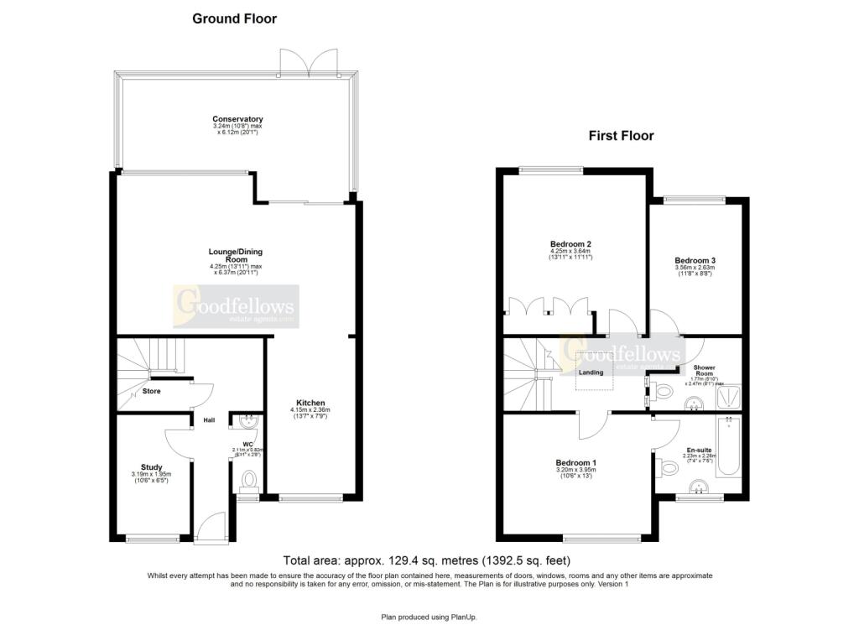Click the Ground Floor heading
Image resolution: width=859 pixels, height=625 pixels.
tap(234, 18)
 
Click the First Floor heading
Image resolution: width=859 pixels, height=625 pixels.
tap(621, 135)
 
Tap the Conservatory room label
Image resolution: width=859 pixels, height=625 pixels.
tap(237, 119)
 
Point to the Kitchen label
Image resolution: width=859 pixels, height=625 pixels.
tap(310, 403)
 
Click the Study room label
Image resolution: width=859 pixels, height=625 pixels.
tap(152, 467)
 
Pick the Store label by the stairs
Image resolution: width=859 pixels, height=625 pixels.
tap(151, 391)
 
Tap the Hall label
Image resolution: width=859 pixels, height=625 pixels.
tap(209, 419)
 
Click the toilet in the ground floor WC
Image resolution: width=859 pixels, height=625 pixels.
tap(247, 479)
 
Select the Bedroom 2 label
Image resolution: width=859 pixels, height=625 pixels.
tap(570, 244)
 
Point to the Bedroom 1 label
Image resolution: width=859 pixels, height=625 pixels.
tap(575, 462)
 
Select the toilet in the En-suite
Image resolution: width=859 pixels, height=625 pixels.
tap(669, 466)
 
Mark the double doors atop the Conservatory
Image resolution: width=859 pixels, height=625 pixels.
tap(310, 60)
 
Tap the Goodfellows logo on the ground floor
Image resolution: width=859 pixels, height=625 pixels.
tap(235, 305)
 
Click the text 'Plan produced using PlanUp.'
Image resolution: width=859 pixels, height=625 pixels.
tap(429, 617)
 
